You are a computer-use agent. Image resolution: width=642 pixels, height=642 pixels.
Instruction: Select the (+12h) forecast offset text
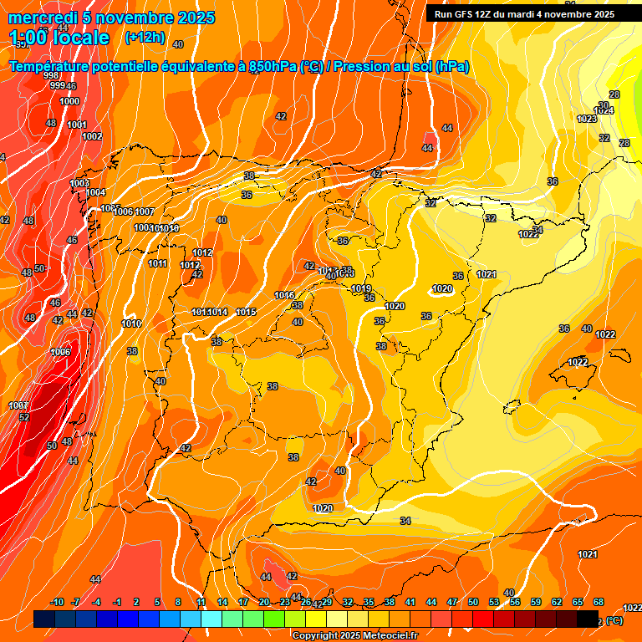(x=145, y=38)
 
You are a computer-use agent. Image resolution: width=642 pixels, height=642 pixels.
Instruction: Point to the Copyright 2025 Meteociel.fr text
(x=355, y=635)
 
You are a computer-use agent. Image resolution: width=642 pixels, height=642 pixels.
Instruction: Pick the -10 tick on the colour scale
(x=57, y=602)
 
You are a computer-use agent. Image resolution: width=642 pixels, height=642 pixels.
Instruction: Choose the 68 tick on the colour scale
(x=599, y=602)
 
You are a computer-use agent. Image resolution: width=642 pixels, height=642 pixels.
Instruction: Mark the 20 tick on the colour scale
(x=264, y=602)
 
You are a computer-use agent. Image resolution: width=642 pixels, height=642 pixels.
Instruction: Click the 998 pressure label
(x=51, y=76)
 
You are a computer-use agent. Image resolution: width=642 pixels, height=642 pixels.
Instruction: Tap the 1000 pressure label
(x=70, y=101)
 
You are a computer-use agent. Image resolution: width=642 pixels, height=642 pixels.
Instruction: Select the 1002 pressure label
(x=92, y=136)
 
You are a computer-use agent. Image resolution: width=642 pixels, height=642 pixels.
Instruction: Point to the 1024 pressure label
(x=604, y=110)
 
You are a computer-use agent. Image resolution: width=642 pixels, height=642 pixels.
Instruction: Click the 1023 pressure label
(x=587, y=119)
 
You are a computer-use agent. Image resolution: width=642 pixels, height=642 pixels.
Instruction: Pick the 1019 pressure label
(x=361, y=288)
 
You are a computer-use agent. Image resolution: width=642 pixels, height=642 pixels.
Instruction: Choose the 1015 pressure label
(x=246, y=312)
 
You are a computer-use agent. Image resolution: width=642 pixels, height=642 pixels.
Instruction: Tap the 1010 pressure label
(x=131, y=324)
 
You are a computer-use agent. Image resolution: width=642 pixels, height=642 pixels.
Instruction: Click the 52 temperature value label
(x=24, y=417)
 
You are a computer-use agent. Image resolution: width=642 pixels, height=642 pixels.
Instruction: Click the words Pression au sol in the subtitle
(x=390, y=67)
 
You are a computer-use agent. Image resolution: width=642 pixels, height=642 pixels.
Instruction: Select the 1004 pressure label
(x=96, y=192)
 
